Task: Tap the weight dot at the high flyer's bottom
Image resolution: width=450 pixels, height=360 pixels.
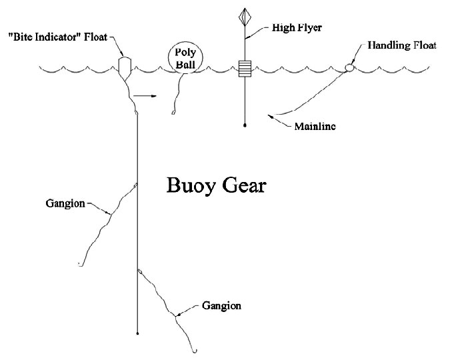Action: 245,124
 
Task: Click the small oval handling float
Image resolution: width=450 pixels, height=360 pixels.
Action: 349,67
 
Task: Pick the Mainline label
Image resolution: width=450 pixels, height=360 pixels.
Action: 314,125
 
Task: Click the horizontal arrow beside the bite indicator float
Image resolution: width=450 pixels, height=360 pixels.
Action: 145,97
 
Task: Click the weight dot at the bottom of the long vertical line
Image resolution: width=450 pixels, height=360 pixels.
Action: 137,332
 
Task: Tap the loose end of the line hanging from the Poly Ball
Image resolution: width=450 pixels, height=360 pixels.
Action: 173,114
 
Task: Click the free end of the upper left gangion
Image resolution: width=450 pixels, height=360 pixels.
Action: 79,265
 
